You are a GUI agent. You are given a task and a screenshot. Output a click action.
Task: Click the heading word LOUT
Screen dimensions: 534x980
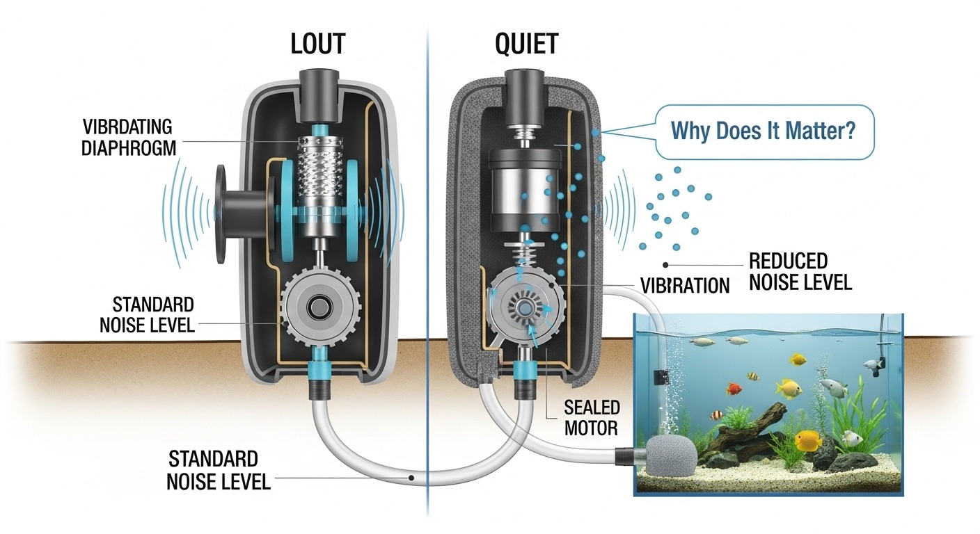317,44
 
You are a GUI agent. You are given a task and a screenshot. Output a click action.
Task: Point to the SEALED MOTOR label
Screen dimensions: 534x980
592,417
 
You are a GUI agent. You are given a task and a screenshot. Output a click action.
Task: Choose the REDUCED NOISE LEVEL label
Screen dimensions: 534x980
800,272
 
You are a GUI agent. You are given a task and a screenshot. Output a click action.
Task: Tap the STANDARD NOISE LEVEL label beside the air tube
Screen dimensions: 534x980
218,470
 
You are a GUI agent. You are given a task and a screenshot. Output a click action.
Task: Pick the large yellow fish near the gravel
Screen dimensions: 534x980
808,440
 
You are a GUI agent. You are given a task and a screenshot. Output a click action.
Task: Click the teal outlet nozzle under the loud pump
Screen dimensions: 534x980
319,375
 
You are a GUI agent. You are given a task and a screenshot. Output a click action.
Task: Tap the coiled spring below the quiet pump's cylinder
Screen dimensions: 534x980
527,251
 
